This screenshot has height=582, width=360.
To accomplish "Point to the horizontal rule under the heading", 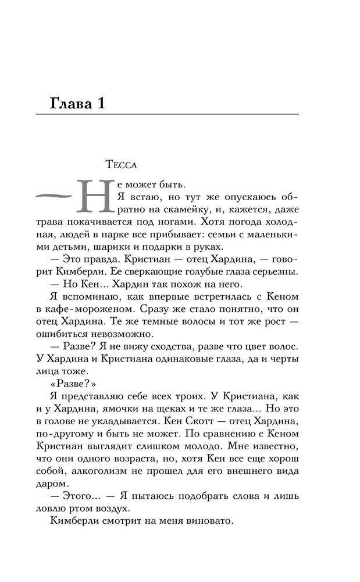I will pos(167,114).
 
